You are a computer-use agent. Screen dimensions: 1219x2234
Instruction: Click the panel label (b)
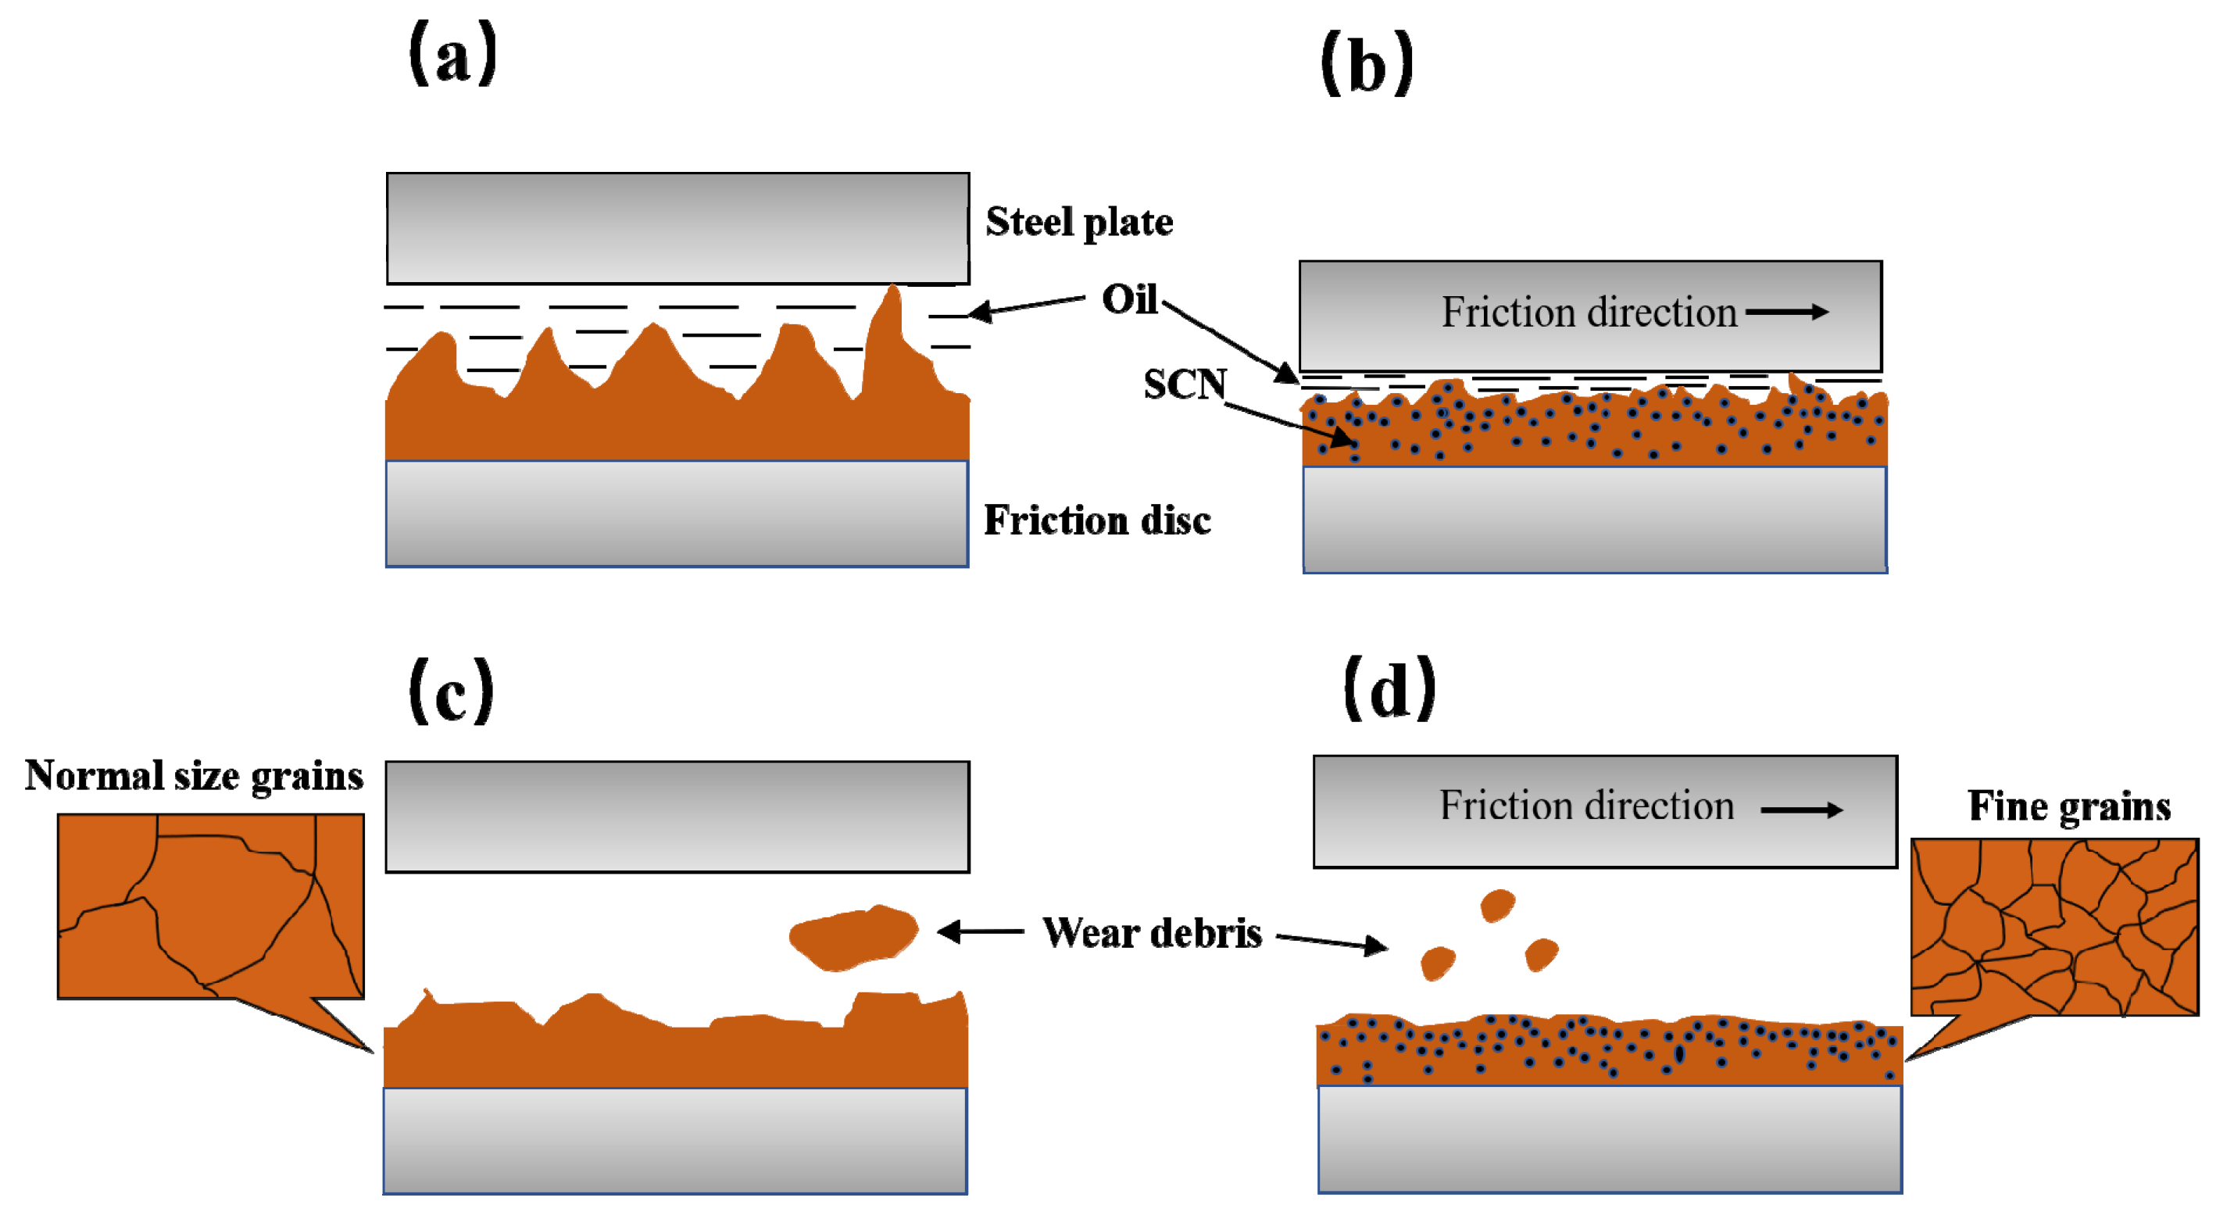coord(1367,66)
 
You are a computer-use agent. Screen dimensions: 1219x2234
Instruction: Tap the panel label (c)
coord(451,692)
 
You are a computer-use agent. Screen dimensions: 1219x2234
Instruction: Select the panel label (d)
coord(1389,690)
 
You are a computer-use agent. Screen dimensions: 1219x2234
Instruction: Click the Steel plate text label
coord(1079,222)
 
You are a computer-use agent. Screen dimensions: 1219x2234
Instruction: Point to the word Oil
coord(1129,300)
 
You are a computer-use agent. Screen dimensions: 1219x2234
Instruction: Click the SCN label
coord(1185,384)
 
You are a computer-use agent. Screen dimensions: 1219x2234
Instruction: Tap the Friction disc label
coord(1097,520)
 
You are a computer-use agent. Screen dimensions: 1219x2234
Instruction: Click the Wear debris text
coord(1152,934)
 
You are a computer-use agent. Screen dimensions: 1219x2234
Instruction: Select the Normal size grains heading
coord(195,776)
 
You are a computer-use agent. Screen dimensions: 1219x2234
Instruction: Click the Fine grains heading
coord(2069,806)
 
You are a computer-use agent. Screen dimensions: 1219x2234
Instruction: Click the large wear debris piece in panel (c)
coord(853,937)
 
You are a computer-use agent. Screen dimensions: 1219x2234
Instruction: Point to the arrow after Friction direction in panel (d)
coord(1801,810)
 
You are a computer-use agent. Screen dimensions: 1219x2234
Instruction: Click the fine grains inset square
coord(2053,926)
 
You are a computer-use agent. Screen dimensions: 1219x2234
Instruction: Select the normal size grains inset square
coord(211,906)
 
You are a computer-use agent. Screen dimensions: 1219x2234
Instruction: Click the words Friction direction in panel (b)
coord(1589,312)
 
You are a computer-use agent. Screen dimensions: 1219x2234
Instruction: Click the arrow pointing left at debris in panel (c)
coord(981,932)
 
